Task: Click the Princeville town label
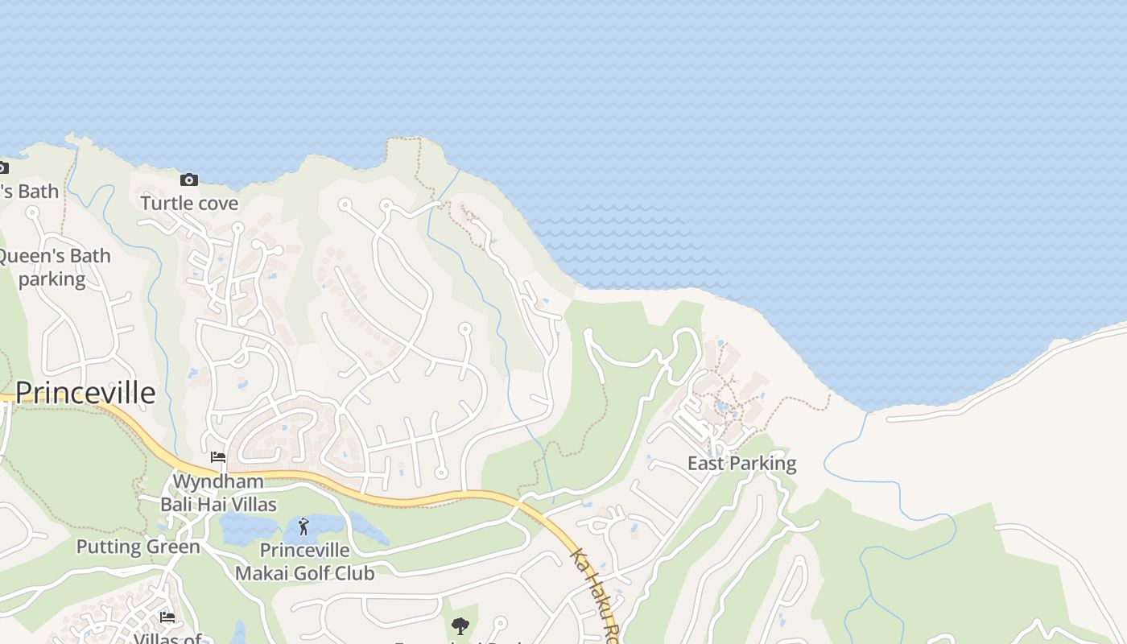click(85, 393)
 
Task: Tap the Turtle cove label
click(189, 203)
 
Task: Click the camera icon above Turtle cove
click(189, 180)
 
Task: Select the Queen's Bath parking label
click(53, 267)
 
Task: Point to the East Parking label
click(741, 463)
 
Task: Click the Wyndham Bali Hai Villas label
click(218, 493)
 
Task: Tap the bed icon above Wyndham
click(218, 457)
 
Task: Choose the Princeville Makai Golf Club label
click(304, 562)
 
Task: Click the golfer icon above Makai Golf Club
click(303, 527)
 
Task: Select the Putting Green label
click(138, 547)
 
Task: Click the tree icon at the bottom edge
click(460, 625)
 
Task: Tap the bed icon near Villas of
click(167, 617)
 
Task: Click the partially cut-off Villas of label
click(167, 638)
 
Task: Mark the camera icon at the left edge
click(2, 168)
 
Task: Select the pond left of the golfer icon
click(249, 529)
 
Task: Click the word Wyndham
click(218, 481)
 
